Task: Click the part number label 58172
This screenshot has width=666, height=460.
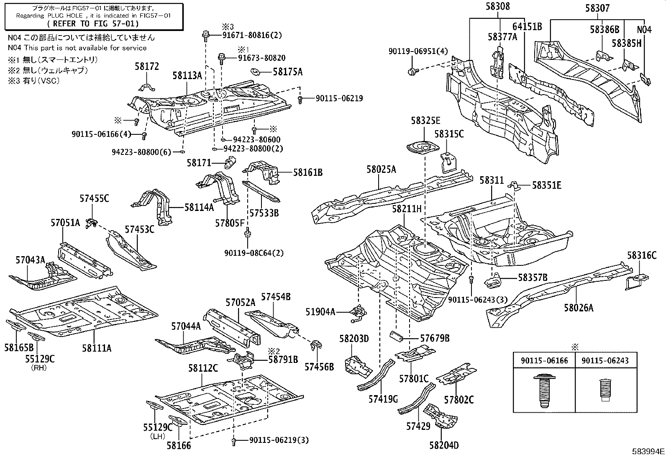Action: point(147,66)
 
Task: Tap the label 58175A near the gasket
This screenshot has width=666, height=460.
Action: point(287,72)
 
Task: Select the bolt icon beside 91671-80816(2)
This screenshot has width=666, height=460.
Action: point(206,36)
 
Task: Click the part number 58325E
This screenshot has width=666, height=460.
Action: point(425,121)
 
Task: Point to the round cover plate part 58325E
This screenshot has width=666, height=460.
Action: point(422,148)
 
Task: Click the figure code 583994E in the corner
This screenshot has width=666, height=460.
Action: point(648,452)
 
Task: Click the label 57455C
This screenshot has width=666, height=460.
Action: point(94,198)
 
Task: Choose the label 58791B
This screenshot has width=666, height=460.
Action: point(283,359)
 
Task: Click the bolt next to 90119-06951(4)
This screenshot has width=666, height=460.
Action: point(412,72)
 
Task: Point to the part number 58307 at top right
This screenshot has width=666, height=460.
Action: point(597,8)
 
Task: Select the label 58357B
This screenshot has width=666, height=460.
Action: point(533,277)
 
